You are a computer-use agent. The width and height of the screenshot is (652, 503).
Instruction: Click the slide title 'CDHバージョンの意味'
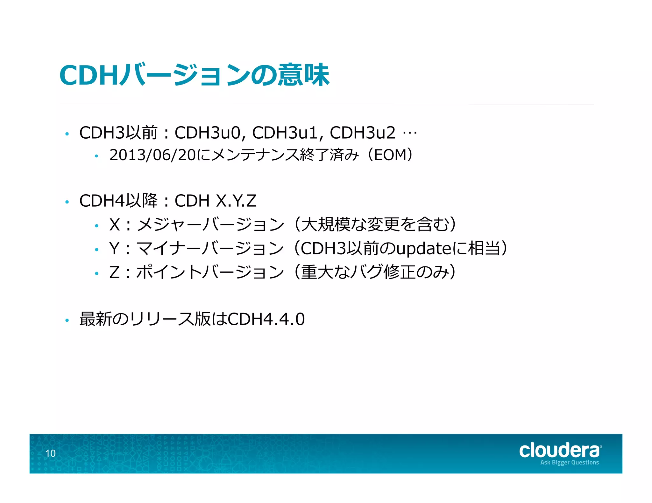[194, 75]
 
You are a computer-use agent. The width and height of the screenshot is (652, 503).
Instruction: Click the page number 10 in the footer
[50, 453]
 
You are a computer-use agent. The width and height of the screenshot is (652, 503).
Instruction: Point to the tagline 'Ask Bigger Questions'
[569, 463]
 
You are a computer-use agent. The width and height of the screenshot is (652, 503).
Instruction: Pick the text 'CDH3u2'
[363, 133]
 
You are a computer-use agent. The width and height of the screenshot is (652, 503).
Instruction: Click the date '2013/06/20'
[152, 155]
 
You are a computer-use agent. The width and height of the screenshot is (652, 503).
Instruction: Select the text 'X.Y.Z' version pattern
[236, 201]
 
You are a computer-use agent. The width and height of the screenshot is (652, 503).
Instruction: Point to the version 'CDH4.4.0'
[266, 319]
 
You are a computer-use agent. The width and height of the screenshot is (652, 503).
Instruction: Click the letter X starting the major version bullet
[114, 224]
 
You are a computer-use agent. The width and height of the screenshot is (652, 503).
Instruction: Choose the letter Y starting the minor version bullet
[114, 248]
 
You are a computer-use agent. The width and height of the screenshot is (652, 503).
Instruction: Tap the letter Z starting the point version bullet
[114, 272]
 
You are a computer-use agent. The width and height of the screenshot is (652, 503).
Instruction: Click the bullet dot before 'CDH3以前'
[67, 134]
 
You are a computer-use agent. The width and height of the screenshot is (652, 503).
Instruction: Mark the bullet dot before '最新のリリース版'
[67, 320]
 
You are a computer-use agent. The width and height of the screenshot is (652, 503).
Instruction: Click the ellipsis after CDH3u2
[409, 133]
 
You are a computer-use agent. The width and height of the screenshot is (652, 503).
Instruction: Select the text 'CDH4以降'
[118, 201]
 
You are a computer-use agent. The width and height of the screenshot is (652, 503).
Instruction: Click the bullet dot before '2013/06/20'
[96, 156]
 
